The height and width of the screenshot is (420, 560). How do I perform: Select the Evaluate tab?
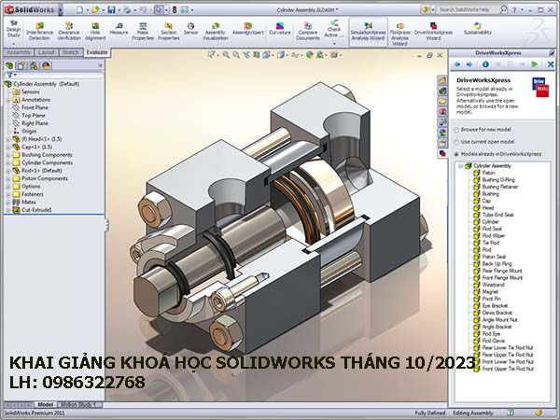(x=95, y=53)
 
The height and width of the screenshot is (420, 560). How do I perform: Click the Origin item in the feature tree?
(x=30, y=131)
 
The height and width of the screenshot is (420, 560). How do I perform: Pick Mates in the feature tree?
(x=29, y=202)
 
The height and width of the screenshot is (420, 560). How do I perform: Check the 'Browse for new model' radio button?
(x=456, y=129)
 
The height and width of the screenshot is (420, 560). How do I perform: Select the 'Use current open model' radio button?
(x=456, y=141)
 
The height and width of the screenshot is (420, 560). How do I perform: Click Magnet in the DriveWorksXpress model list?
(x=490, y=291)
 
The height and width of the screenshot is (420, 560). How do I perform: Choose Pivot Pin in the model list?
(x=492, y=299)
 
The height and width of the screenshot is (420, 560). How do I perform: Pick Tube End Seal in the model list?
(x=497, y=215)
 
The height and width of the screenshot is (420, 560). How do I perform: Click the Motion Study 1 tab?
(x=78, y=404)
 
